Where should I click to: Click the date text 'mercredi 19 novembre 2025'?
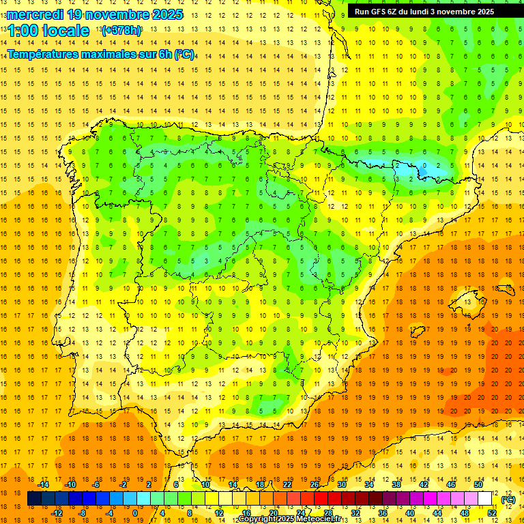tap(96, 14)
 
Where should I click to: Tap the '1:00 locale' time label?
tap(48, 31)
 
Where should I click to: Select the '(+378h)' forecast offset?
tap(121, 31)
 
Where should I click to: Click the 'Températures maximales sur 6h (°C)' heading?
tap(100, 54)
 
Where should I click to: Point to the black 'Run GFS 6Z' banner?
tap(430, 12)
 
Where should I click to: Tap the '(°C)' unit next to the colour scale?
tap(508, 499)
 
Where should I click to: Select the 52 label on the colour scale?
tap(492, 513)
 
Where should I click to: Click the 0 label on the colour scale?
tap(134, 513)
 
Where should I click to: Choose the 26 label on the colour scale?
tap(315, 484)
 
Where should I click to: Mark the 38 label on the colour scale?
tap(396, 484)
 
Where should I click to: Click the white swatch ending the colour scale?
tap(485, 499)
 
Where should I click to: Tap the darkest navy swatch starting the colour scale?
tap(34, 499)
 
